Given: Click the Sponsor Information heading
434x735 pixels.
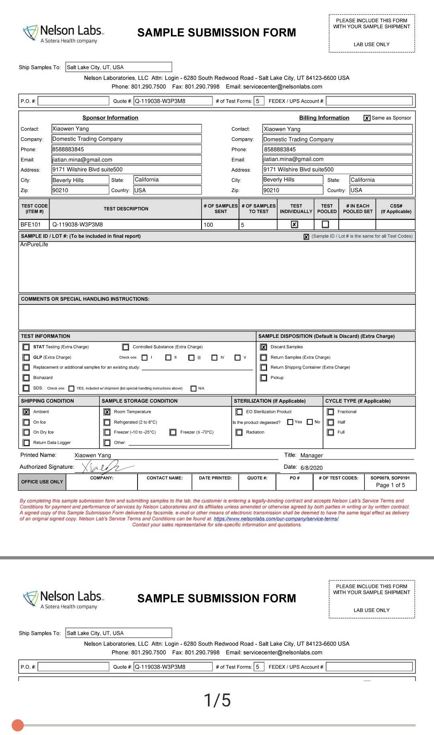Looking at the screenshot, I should [x=110, y=118].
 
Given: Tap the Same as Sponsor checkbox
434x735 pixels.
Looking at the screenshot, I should [x=367, y=118].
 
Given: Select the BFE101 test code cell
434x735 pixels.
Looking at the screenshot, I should [x=31, y=224].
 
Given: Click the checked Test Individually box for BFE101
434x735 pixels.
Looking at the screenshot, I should [x=294, y=224].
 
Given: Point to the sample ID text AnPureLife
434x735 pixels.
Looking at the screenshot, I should [x=34, y=244].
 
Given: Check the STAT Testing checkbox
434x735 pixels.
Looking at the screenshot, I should [x=26, y=347].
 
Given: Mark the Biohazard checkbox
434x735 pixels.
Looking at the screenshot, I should [x=26, y=378].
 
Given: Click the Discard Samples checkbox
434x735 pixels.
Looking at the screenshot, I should [x=263, y=347].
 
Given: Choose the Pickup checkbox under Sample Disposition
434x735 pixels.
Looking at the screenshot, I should [x=263, y=378].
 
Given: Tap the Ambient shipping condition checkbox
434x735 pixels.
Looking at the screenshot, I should [x=26, y=412].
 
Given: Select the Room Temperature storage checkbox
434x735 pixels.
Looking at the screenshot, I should [x=107, y=412].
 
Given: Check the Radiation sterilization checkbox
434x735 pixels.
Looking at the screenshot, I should [x=239, y=432].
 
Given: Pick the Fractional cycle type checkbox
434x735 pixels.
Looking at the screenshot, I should [x=331, y=412].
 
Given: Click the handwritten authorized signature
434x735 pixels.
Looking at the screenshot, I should [x=103, y=467].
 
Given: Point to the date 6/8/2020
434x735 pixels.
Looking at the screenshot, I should [x=311, y=468].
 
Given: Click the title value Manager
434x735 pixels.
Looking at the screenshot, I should [x=311, y=455].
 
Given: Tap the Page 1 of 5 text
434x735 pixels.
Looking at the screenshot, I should [x=390, y=485].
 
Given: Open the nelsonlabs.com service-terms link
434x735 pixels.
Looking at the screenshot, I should [x=276, y=519].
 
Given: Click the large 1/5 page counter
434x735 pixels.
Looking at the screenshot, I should [x=217, y=700].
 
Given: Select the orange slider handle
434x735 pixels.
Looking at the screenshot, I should [x=18, y=725].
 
